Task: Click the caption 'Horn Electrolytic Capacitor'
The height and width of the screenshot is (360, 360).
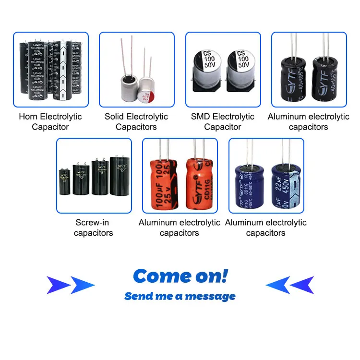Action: tap(50, 121)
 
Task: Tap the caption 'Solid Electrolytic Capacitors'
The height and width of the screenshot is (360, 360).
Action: tap(136, 121)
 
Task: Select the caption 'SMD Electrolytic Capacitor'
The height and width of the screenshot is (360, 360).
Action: tap(223, 121)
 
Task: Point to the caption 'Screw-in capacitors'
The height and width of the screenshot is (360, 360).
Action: tap(94, 228)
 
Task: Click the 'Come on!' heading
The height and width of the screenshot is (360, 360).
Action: tap(180, 276)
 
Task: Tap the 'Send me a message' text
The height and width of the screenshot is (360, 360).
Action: tap(180, 296)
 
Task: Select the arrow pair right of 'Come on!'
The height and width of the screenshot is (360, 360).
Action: tap(289, 285)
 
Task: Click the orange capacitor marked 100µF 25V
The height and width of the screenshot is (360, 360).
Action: tap(160, 185)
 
